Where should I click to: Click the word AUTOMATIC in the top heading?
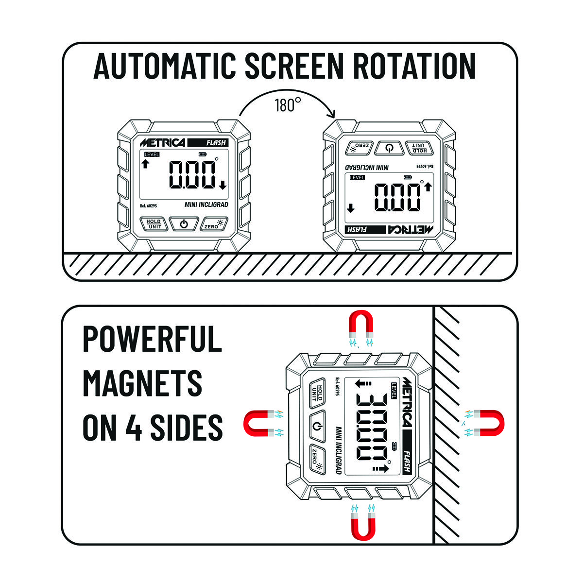(x=165, y=66)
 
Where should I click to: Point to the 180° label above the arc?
(x=288, y=105)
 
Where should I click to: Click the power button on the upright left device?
(x=184, y=224)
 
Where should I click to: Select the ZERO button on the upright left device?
(x=214, y=224)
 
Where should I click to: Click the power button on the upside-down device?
(x=389, y=148)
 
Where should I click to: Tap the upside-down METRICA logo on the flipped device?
(x=410, y=230)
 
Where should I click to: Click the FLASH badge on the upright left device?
(x=208, y=143)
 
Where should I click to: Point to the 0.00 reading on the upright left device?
(x=192, y=174)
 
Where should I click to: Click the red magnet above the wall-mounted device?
(x=361, y=324)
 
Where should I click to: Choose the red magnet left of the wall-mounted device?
(x=259, y=423)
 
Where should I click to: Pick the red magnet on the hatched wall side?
(x=489, y=423)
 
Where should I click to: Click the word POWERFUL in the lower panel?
(x=153, y=339)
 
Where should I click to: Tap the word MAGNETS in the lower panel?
(x=142, y=383)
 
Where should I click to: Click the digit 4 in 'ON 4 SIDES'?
(x=134, y=428)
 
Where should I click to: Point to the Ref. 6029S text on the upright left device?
(x=148, y=206)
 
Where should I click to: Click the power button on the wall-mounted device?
(x=317, y=427)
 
